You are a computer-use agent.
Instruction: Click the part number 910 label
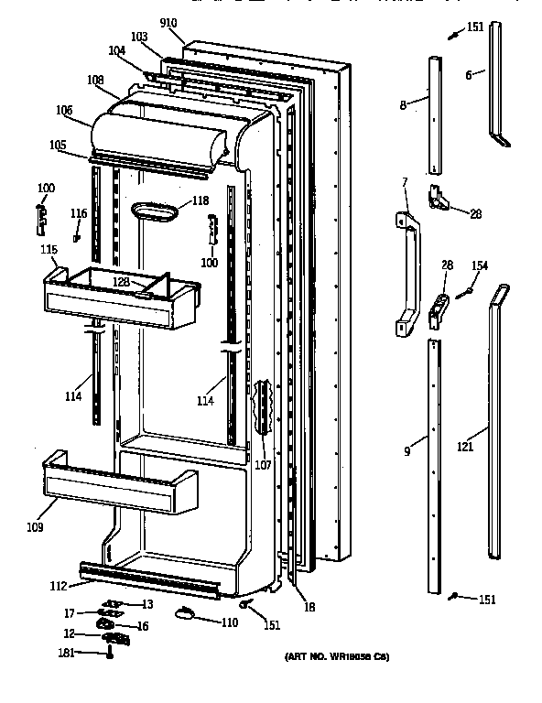click(x=168, y=22)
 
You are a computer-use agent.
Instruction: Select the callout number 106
click(x=64, y=111)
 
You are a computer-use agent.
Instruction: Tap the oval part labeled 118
click(x=157, y=211)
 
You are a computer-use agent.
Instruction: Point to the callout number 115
click(x=49, y=250)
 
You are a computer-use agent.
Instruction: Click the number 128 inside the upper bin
click(x=121, y=283)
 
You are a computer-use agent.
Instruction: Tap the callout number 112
click(x=58, y=587)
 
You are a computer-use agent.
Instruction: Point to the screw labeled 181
click(x=110, y=653)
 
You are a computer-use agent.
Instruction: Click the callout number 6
click(x=468, y=75)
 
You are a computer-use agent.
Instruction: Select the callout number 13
click(x=146, y=603)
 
